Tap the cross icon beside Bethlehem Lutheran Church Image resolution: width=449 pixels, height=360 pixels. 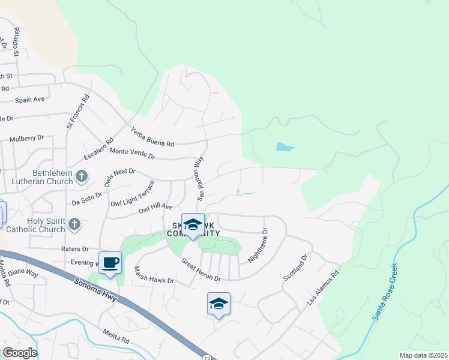point(83,176)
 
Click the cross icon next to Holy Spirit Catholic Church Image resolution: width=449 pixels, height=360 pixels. point(74,224)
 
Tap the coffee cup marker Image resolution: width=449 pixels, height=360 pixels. point(110,263)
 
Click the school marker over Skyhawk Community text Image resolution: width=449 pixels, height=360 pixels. point(193,225)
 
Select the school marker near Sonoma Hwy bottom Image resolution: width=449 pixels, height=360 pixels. point(218,304)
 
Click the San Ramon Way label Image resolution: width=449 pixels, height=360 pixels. point(200,179)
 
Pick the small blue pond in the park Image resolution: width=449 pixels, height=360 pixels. point(285,147)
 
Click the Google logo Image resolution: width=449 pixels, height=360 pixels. point(20,353)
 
